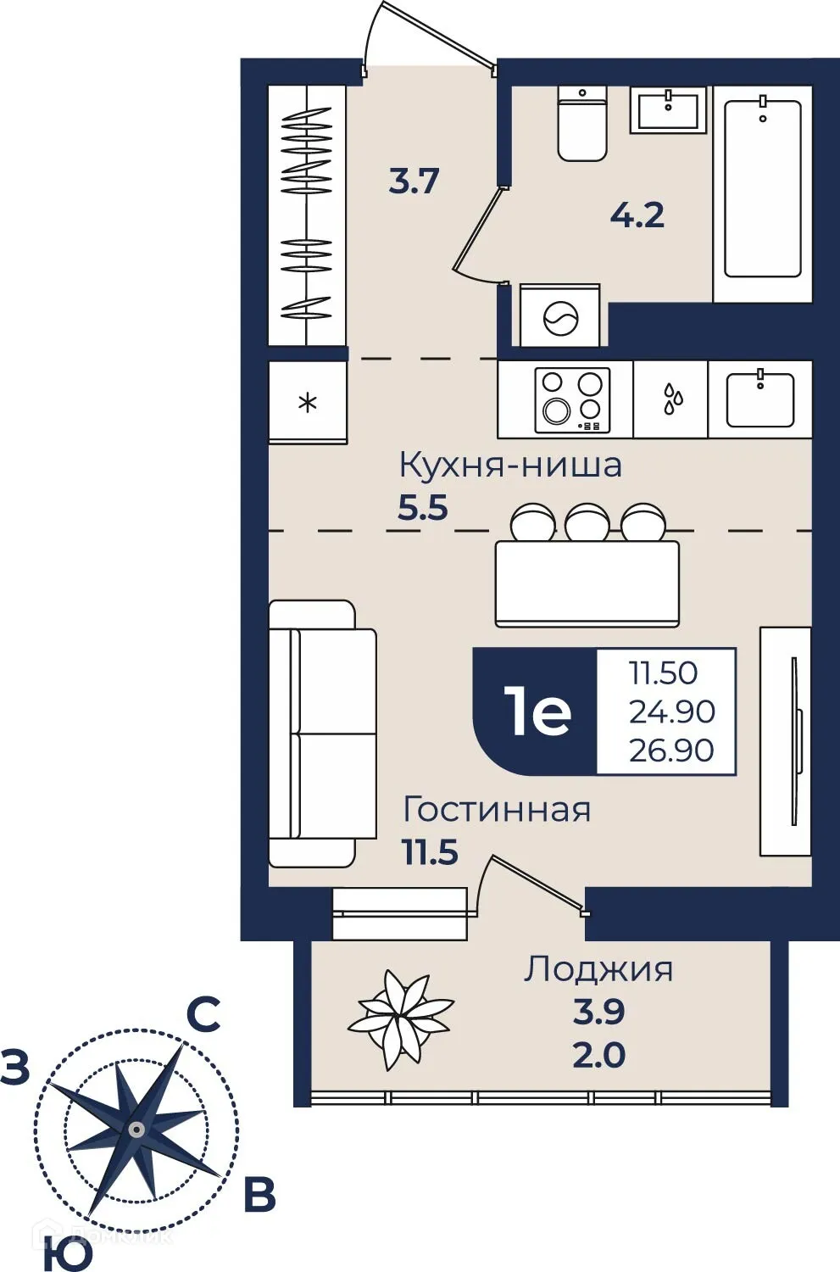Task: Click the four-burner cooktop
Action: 572,399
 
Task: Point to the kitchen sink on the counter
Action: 760,399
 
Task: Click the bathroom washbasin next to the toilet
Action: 668,110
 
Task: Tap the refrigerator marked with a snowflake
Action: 308,402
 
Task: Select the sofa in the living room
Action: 322,734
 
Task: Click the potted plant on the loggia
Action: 400,1018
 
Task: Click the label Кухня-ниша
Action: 510,466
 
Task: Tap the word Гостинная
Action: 497,810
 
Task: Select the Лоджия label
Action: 598,968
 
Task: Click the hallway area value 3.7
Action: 414,181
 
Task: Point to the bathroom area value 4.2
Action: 637,215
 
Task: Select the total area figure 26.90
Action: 671,750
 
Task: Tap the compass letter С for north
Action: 203,1014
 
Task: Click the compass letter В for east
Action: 259,1196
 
